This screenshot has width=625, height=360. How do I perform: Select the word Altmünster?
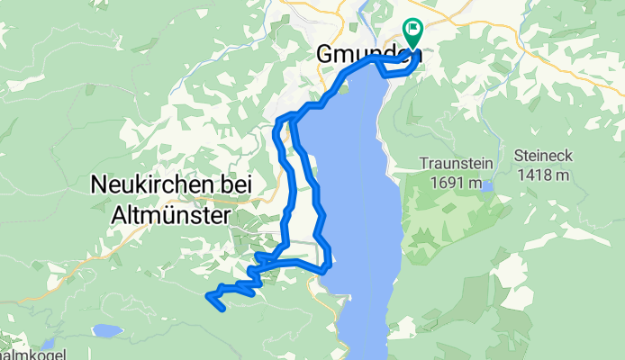pos(170,216)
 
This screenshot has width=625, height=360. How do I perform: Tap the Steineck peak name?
pos(543,154)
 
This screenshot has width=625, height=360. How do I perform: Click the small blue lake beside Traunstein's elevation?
pos(486,186)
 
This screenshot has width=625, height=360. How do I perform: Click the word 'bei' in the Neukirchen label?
pos(237,185)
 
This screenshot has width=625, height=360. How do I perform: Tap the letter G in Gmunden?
pos(327,55)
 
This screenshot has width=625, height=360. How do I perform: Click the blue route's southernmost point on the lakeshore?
pos(326,267)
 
